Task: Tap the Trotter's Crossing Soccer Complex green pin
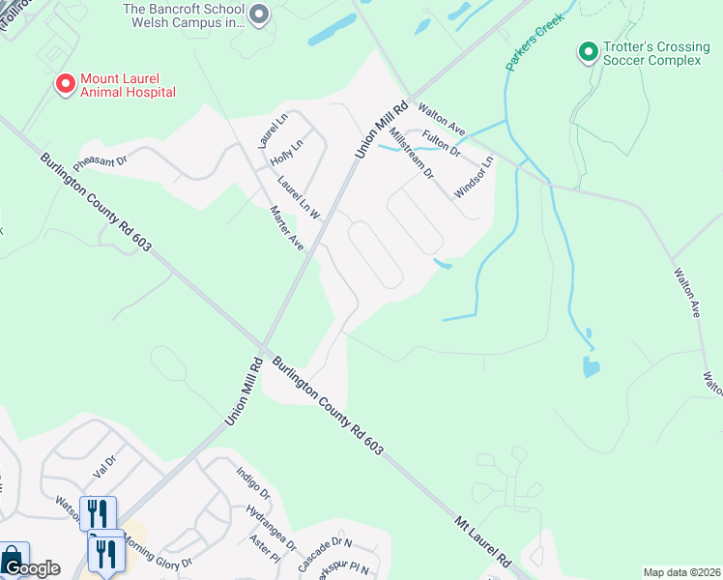click(588, 51)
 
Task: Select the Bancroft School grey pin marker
click(258, 14)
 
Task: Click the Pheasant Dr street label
click(101, 159)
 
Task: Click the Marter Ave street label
click(287, 228)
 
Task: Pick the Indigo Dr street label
click(253, 484)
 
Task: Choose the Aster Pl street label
click(264, 549)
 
